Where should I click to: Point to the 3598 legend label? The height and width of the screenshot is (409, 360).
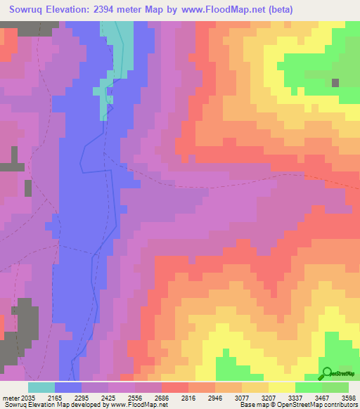point(348,397)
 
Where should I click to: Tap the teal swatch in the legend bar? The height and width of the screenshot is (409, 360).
point(41,387)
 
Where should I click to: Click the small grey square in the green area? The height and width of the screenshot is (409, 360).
point(335,82)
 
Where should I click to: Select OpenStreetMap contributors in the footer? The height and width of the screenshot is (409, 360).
point(324,405)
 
